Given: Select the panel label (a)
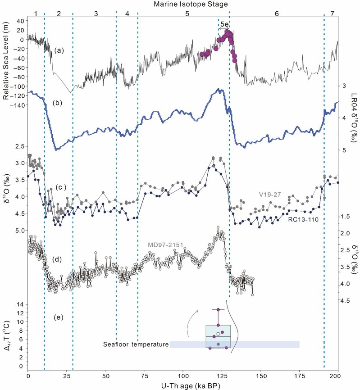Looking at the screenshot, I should (x=59, y=50).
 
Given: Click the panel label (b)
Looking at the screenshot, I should (x=59, y=103).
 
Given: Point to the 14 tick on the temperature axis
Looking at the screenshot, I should (x=19, y=305).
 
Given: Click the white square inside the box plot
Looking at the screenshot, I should (x=218, y=333).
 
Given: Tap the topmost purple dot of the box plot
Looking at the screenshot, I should (x=218, y=310).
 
